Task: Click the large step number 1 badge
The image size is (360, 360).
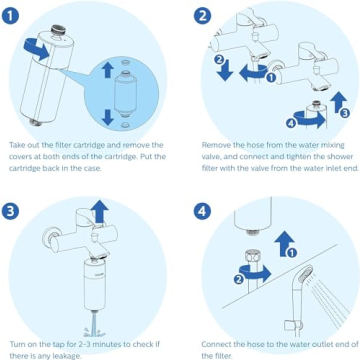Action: (x=16, y=16)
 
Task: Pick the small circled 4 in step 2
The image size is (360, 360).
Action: (x=291, y=123)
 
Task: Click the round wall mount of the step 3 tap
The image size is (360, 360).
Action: (x=47, y=238)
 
